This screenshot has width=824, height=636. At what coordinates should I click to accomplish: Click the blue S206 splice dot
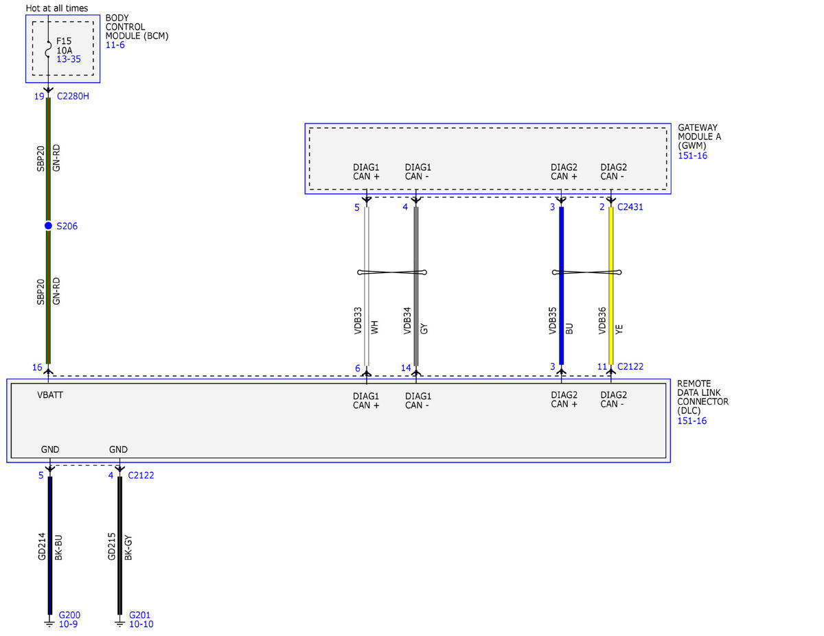point(48,226)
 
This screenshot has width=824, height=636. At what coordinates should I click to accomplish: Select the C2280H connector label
point(73,96)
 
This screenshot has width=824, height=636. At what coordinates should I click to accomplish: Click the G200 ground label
point(69,615)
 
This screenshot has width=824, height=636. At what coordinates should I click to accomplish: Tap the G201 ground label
point(139,615)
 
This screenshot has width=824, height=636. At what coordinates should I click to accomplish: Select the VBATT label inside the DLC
point(51,395)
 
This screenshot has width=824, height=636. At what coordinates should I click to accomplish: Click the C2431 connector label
point(630,207)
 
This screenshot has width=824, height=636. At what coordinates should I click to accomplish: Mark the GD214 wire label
point(42,547)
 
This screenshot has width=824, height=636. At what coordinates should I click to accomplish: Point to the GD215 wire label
point(112,547)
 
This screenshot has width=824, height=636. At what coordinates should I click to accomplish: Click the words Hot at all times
point(57,8)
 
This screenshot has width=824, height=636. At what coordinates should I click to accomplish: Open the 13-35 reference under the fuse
point(69,60)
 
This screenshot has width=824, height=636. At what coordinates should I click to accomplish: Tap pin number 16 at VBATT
point(37,368)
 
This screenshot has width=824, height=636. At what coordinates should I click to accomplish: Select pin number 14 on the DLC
point(406,368)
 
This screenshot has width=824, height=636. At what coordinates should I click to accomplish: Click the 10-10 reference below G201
point(141,624)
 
